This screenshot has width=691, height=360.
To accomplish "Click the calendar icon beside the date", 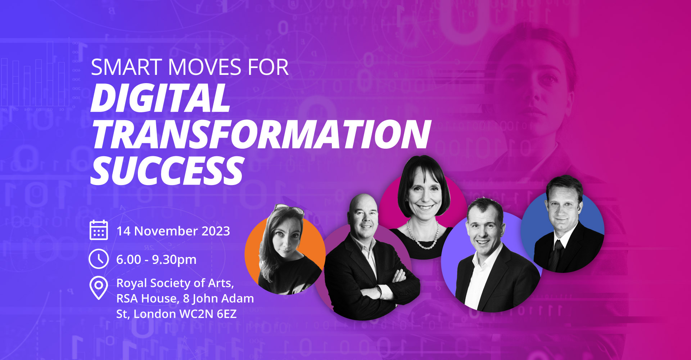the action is pos(99,230).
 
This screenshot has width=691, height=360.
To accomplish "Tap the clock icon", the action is pos(99,259).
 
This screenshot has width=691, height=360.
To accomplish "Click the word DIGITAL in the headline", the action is pos(160,98).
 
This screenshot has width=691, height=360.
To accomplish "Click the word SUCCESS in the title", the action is pos(167,170).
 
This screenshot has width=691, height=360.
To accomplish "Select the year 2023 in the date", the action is pos(216,231).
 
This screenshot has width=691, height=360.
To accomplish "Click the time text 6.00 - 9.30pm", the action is pos(156,260).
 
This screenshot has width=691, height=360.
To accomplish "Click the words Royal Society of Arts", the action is pos(175,283).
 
